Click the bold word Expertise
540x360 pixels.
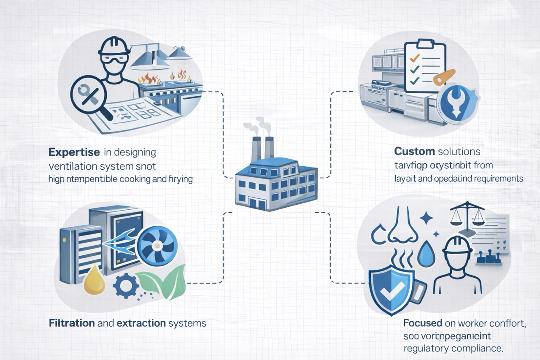coord(74,152)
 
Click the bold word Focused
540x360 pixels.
coord(423,324)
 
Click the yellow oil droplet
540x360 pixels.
coord(94,281)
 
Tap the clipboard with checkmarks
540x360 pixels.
coord(424,65)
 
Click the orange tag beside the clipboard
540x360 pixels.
coord(444,77)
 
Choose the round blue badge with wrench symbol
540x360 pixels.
coord(456,104)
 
